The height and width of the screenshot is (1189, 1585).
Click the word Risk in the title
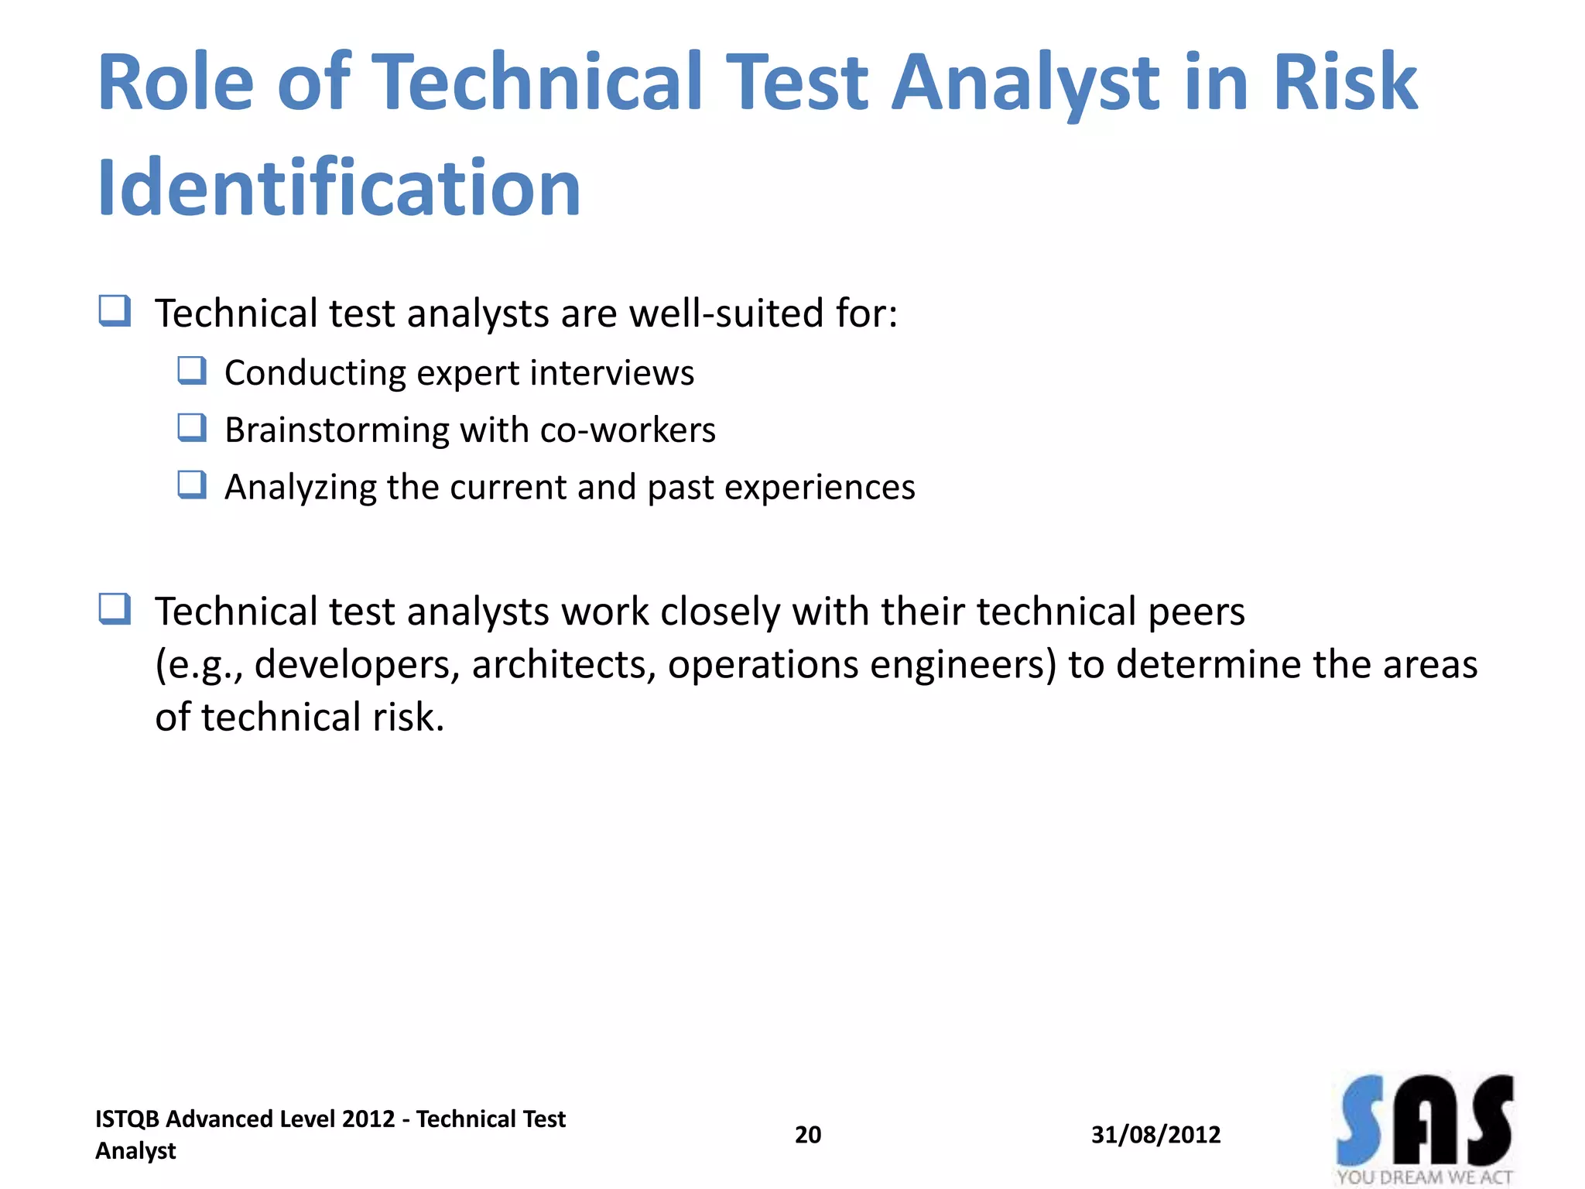(x=1344, y=81)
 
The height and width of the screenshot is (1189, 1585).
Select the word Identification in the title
(x=339, y=188)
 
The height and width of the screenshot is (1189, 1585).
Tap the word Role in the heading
(x=176, y=81)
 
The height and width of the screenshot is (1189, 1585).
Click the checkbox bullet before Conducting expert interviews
(x=192, y=371)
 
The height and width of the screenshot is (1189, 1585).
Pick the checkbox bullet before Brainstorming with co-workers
(x=192, y=428)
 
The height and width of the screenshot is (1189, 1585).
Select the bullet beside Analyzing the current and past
(x=192, y=485)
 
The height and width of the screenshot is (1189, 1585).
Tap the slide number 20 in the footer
(x=808, y=1135)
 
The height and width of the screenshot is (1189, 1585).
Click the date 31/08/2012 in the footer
(x=1155, y=1135)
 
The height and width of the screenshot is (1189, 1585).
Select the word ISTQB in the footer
(x=127, y=1119)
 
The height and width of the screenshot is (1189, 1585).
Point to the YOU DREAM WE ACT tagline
(x=1424, y=1177)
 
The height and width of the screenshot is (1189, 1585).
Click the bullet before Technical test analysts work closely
(x=115, y=609)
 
